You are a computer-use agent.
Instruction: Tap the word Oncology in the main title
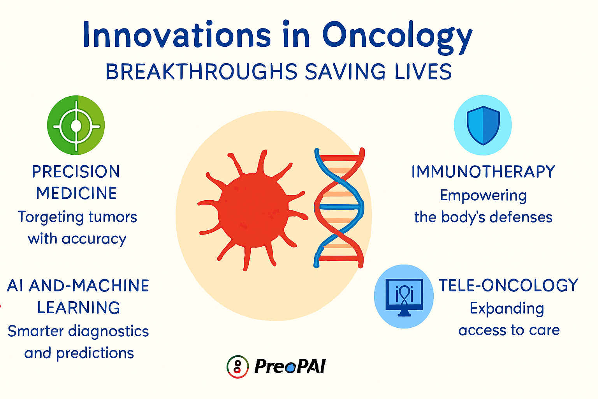click(397, 38)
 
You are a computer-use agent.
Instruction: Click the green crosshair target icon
click(76, 125)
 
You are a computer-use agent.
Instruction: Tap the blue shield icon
click(483, 125)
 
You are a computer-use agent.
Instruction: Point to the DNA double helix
click(339, 208)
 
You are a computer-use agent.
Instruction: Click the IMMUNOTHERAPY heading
click(483, 171)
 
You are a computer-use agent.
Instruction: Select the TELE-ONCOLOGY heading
click(508, 285)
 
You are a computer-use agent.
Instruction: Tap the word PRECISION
click(76, 171)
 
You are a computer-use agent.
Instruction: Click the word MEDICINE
click(77, 193)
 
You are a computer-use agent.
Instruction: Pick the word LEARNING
click(79, 307)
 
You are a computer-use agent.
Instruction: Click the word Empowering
click(483, 196)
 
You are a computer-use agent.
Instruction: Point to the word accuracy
click(94, 239)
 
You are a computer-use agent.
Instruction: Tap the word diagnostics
click(108, 331)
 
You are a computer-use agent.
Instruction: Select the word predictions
click(95, 353)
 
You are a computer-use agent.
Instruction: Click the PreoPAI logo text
click(290, 366)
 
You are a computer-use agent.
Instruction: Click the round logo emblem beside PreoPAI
click(237, 367)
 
